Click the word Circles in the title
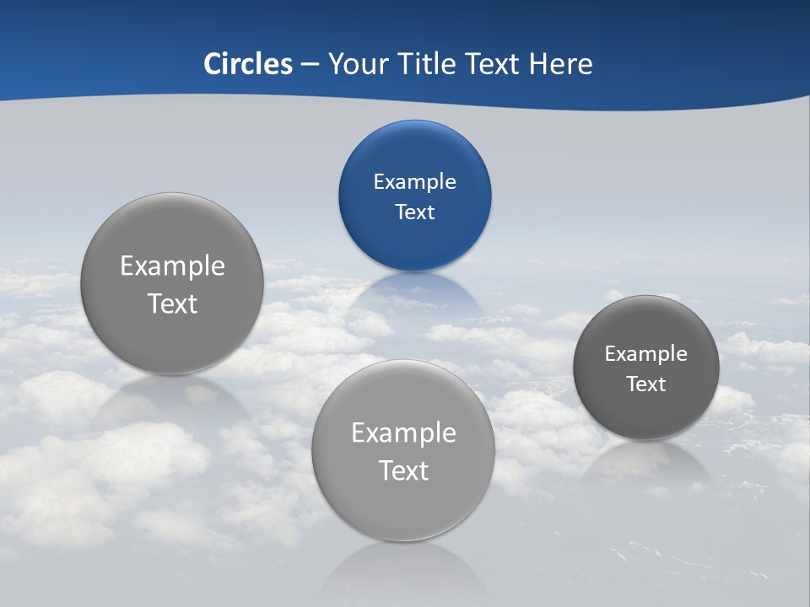click(248, 64)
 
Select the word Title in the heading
click(428, 64)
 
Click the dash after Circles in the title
click(310, 65)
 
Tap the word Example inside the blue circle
click(414, 182)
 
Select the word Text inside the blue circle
click(414, 212)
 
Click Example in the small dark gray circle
click(645, 354)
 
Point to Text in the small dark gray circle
click(645, 384)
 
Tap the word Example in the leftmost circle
click(172, 266)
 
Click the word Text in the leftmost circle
click(172, 304)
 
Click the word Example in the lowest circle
click(403, 433)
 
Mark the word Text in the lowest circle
click(403, 470)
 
